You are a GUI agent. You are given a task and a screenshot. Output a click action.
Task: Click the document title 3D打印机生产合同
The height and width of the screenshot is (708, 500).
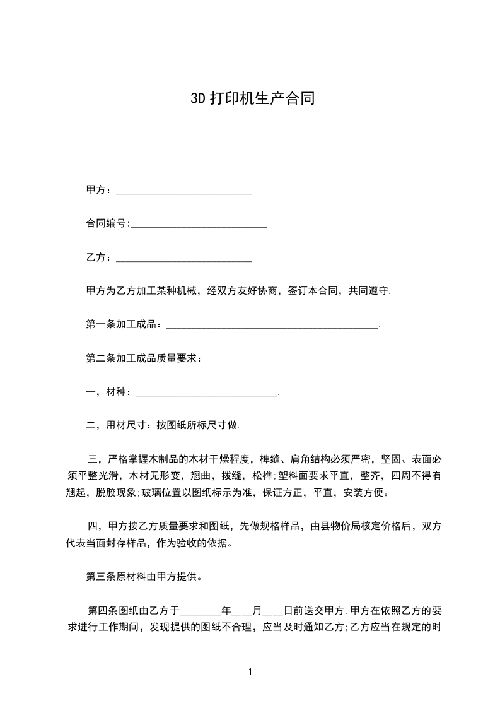(252, 99)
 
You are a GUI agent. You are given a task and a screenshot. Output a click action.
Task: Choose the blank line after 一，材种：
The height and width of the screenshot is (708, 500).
(206, 394)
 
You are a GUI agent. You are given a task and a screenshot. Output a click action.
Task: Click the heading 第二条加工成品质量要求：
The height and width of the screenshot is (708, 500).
(144, 358)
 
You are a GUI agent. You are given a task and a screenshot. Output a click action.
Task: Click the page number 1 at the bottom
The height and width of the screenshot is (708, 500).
(250, 673)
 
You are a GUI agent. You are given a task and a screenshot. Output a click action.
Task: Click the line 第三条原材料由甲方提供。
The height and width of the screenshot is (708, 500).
(144, 577)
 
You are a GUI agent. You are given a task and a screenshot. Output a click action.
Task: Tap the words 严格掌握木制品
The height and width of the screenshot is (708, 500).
(145, 458)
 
